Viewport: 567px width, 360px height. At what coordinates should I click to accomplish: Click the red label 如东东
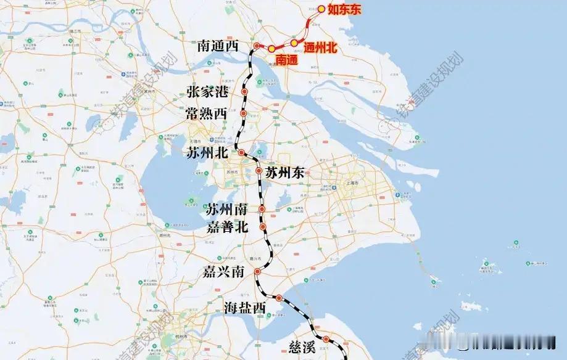[344, 9]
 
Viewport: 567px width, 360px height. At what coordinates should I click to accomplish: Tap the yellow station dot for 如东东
[321, 9]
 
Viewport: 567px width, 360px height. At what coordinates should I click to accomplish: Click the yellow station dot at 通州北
[294, 43]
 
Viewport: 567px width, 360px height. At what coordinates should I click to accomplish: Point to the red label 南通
[287, 60]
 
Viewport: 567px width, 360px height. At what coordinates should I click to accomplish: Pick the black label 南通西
[218, 46]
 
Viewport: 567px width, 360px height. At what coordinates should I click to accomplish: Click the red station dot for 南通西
[257, 46]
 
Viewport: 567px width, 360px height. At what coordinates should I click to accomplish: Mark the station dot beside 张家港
[245, 92]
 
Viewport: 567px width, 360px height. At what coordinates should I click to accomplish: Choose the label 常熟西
[206, 114]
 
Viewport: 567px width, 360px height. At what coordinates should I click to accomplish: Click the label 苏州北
[208, 153]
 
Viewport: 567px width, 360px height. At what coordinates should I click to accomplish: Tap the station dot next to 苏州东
[259, 171]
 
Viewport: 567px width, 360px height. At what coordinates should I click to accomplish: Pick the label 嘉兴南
[224, 272]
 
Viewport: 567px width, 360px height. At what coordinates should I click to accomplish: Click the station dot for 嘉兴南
[257, 272]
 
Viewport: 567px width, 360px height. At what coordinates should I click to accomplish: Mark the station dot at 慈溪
[326, 338]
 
